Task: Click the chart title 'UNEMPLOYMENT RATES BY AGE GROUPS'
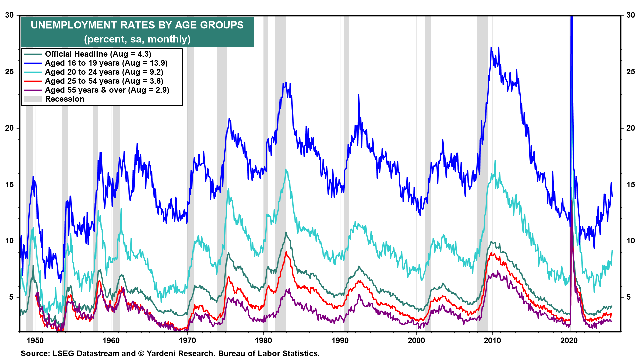point(137,25)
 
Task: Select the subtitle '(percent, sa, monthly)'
point(137,39)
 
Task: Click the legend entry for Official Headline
point(98,54)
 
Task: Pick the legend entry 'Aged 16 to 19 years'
point(106,63)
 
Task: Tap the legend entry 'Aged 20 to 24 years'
point(104,72)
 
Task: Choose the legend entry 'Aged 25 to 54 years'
point(104,81)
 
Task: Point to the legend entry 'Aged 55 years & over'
point(107,90)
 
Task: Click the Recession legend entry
point(65,99)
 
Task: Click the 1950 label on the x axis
point(35,340)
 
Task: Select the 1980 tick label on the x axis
point(263,340)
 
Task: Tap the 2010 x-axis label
point(492,340)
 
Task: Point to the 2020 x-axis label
point(569,340)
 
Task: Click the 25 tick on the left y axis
point(10,72)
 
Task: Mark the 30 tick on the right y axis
point(630,15)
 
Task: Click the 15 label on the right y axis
point(630,185)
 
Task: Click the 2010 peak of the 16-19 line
point(491,48)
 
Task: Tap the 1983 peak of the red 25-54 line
point(286,252)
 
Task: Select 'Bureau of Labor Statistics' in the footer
point(269,353)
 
